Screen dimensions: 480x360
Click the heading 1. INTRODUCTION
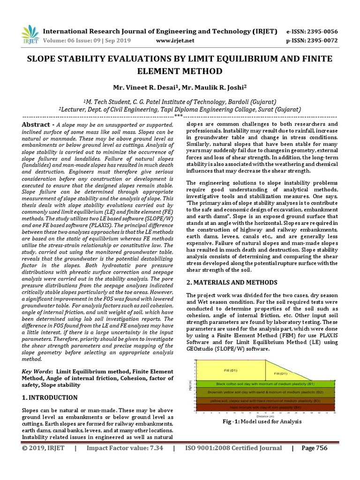(50, 397)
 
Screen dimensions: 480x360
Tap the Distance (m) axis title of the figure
(265, 415)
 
